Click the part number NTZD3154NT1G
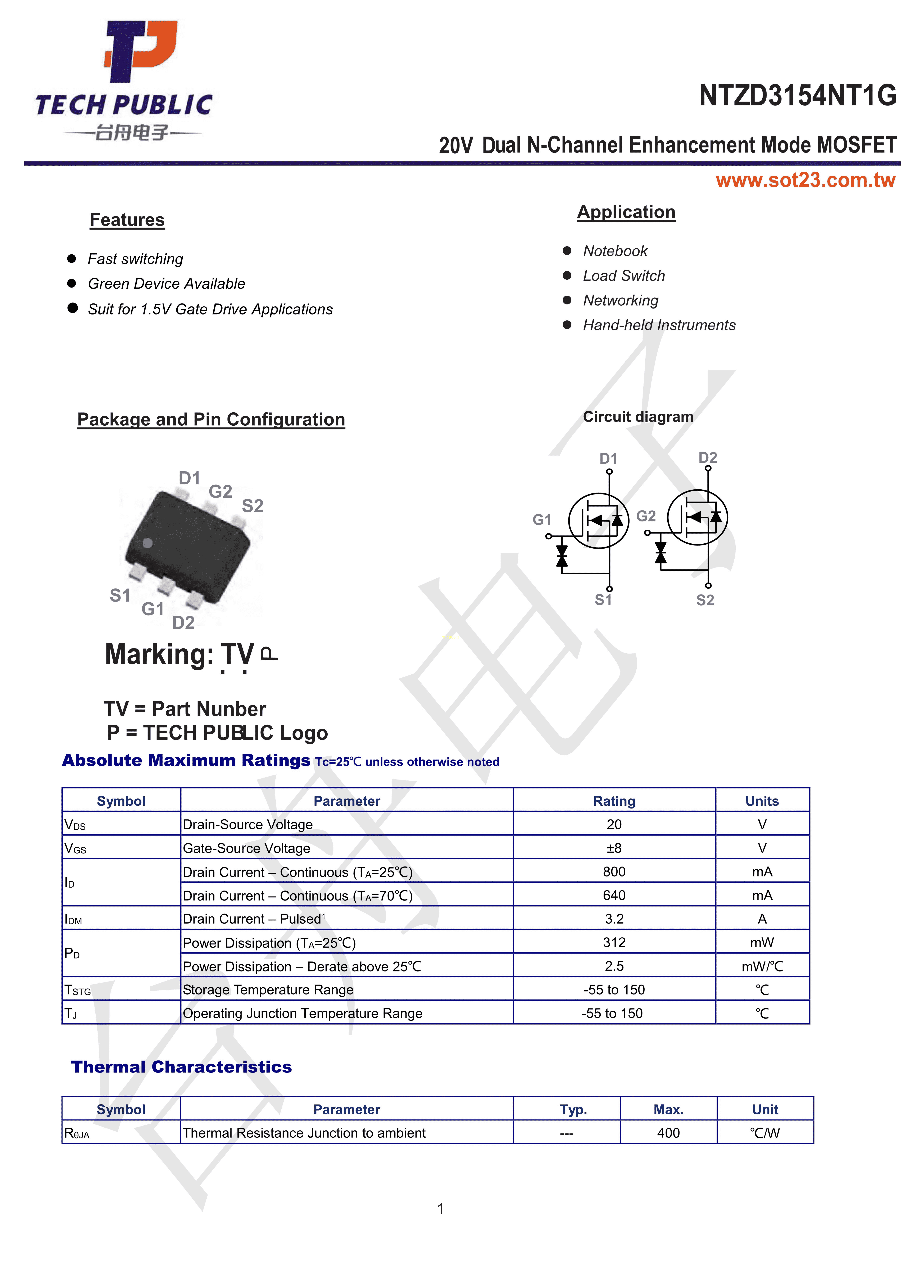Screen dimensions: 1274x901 point(797,96)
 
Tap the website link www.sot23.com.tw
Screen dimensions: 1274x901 point(805,180)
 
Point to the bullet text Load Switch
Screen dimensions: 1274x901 point(623,276)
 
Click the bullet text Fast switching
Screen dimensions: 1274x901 point(136,259)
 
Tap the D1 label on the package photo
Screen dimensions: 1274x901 point(189,478)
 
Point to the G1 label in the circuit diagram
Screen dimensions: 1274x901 point(542,520)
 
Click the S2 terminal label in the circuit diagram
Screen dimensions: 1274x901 point(705,600)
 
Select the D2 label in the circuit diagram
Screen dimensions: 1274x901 point(708,458)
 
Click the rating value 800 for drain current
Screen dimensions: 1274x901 point(614,872)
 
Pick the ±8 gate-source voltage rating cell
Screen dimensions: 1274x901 point(614,848)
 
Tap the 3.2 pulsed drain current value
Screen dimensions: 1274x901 point(614,919)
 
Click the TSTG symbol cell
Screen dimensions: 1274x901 point(78,990)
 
